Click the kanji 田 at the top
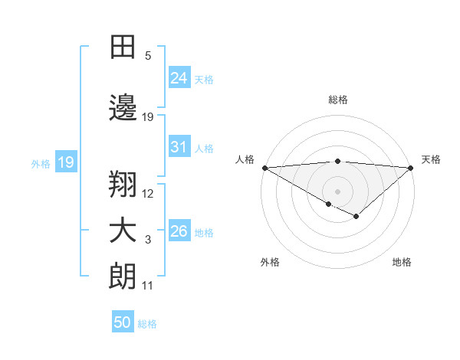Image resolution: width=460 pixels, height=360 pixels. tap(123, 47)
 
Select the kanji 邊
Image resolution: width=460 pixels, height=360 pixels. tap(123, 107)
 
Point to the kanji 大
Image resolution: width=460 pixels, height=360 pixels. tap(123, 231)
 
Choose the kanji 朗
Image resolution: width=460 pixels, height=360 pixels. tap(123, 277)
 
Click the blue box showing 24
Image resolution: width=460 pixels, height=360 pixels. tap(179, 77)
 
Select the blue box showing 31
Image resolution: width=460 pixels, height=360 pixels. tap(179, 147)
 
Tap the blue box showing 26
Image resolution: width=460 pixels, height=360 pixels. tap(179, 231)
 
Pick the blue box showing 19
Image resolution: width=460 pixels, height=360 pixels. tap(65, 162)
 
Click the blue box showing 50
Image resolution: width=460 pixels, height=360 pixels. tap(123, 322)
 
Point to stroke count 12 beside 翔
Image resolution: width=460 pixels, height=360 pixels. tap(148, 194)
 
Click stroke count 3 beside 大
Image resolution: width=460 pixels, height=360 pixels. tap(148, 241)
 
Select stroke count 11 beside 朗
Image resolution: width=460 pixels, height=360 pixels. tap(148, 286)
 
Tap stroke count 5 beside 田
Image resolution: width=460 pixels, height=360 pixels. tap(148, 56)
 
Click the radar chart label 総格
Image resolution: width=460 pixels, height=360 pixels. tap(337, 100)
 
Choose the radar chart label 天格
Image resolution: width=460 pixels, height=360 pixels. tap(432, 159)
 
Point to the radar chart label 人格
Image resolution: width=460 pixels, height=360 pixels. tap(245, 159)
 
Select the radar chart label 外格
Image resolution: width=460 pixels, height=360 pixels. tap(270, 262)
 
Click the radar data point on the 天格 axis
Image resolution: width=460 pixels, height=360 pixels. tap(411, 167)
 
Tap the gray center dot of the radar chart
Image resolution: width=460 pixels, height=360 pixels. tap(337, 190)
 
